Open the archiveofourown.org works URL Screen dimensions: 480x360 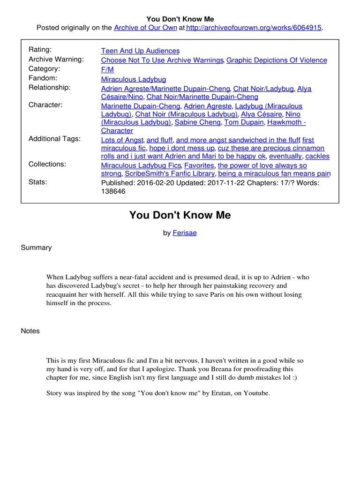254,28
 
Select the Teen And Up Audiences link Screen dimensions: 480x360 140,51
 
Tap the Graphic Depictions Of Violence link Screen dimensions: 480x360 277,60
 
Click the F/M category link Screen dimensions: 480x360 107,69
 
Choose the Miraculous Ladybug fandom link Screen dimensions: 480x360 133,79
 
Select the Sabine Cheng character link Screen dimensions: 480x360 197,122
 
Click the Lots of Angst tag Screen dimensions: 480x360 122,140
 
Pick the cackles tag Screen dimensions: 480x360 317,156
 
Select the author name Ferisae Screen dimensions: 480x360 185,233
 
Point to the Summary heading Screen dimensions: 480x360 36,247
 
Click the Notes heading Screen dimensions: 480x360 30,331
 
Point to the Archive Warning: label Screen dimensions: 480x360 56,59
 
